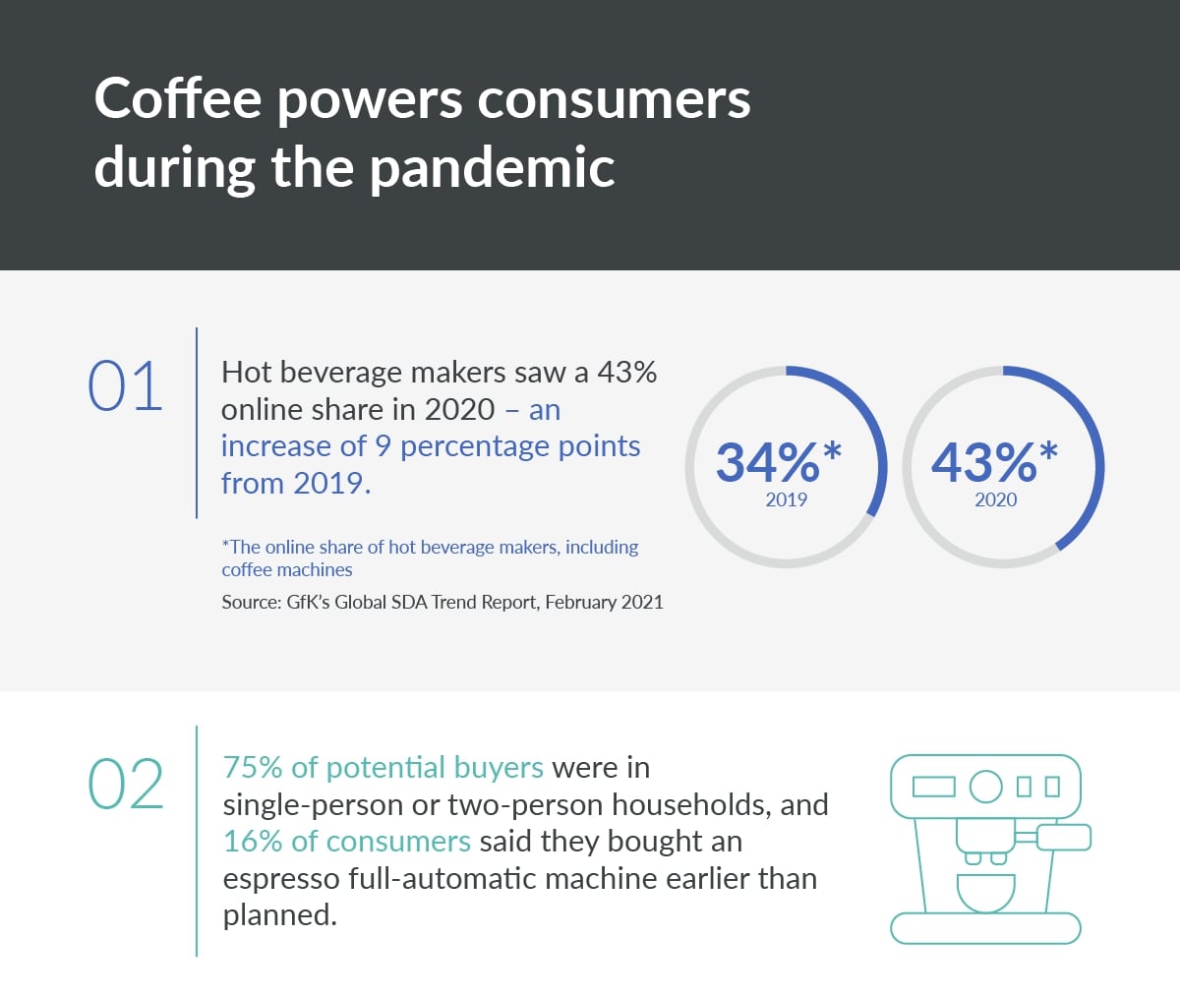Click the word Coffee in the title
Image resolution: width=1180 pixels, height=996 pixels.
coord(177,98)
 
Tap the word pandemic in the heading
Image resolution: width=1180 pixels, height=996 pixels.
coord(493,167)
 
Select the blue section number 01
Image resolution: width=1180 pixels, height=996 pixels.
coord(125,386)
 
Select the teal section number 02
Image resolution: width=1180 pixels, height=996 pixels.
coord(126,784)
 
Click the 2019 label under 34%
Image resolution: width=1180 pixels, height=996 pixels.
coord(786,499)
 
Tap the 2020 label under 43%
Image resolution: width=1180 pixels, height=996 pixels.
coord(996,499)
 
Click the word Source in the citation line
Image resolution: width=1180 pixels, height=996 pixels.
coord(251,602)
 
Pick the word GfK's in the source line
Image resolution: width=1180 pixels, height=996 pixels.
coord(308,602)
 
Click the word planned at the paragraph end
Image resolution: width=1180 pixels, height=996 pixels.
coord(279,916)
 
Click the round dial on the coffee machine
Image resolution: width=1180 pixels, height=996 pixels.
coord(985,787)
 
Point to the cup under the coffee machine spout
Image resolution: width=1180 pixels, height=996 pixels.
coord(985,893)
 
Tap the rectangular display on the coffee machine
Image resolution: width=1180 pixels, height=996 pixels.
coord(933,787)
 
